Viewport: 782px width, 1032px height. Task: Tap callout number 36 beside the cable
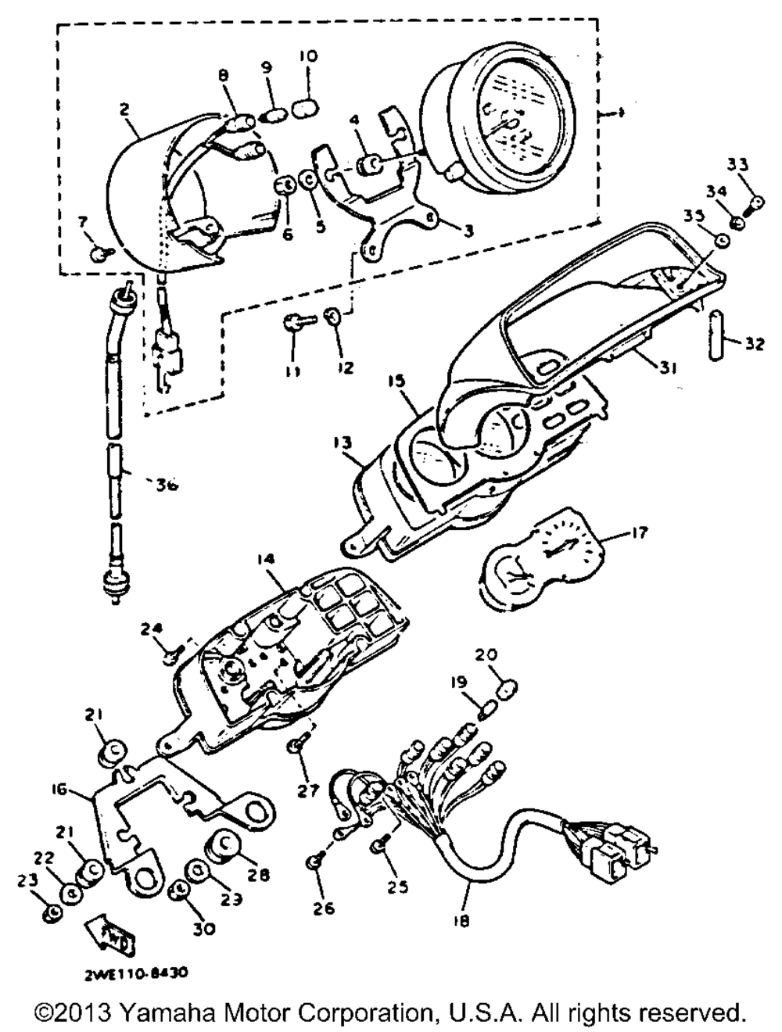click(164, 484)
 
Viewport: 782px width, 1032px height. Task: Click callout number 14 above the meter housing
click(267, 559)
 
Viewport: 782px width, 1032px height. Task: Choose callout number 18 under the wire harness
click(461, 922)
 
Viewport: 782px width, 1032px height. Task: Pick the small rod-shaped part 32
click(715, 335)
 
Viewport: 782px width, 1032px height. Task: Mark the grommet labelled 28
click(221, 847)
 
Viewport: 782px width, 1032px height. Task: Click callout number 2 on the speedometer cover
click(124, 110)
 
